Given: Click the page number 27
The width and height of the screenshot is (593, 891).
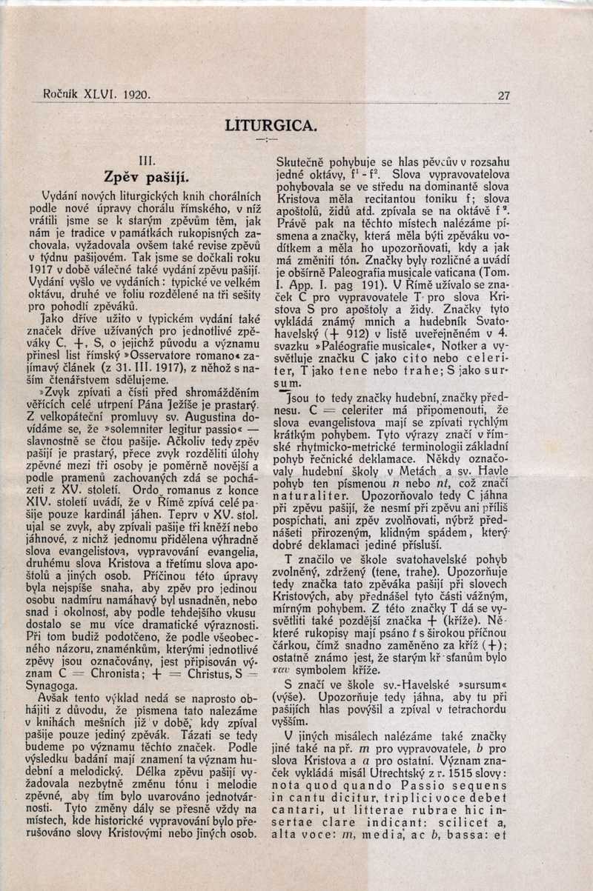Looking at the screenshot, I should pos(504,96).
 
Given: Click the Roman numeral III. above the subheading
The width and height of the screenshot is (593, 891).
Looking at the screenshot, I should pos(148,160).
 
